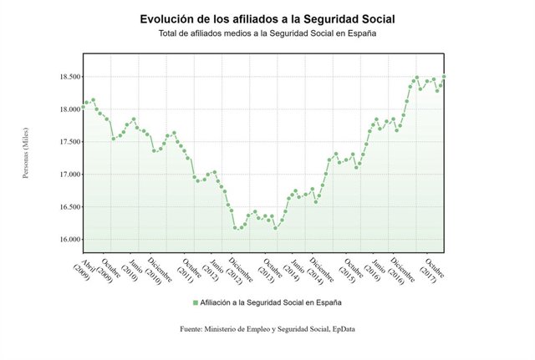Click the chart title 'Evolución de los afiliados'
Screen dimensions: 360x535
pos(267,18)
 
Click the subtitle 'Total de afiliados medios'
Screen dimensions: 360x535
pos(267,34)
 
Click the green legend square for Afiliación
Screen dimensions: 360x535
pos(195,302)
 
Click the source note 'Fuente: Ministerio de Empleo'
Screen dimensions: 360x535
pos(267,330)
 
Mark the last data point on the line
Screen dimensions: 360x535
pos(444,77)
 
